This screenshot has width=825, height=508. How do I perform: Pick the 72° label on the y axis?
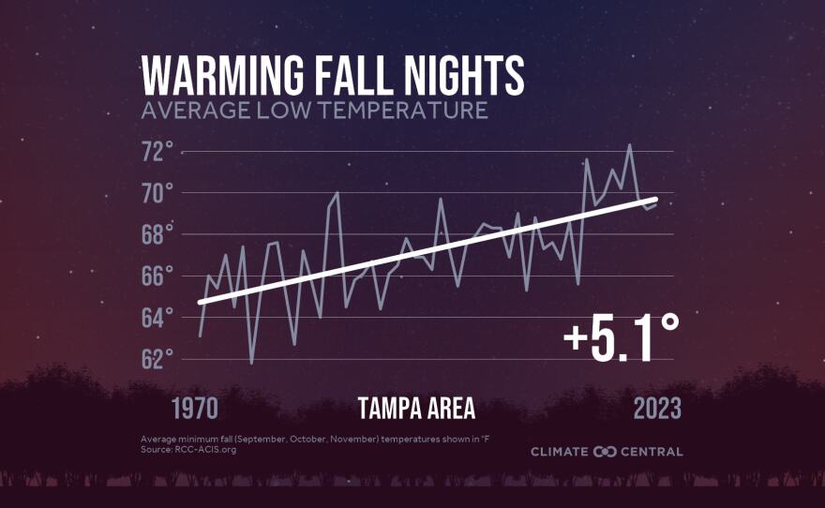tap(157, 152)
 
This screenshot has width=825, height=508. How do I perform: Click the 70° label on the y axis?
tap(157, 194)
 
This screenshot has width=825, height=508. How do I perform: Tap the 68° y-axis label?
tap(157, 235)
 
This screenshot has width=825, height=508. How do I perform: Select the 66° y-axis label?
tap(157, 276)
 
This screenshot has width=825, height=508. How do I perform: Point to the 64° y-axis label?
tap(157, 318)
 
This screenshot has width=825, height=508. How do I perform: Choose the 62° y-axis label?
tap(157, 359)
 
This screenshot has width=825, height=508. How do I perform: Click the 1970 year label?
tap(194, 410)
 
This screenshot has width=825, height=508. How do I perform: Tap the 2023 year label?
tap(657, 410)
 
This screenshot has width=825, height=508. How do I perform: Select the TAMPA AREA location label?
tap(416, 410)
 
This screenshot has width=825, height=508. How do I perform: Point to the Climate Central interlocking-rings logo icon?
tap(605, 452)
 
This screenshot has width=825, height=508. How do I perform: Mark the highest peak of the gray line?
tap(630, 145)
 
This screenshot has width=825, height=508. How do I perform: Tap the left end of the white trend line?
tap(200, 302)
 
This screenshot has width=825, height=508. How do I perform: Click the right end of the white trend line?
tap(656, 200)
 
